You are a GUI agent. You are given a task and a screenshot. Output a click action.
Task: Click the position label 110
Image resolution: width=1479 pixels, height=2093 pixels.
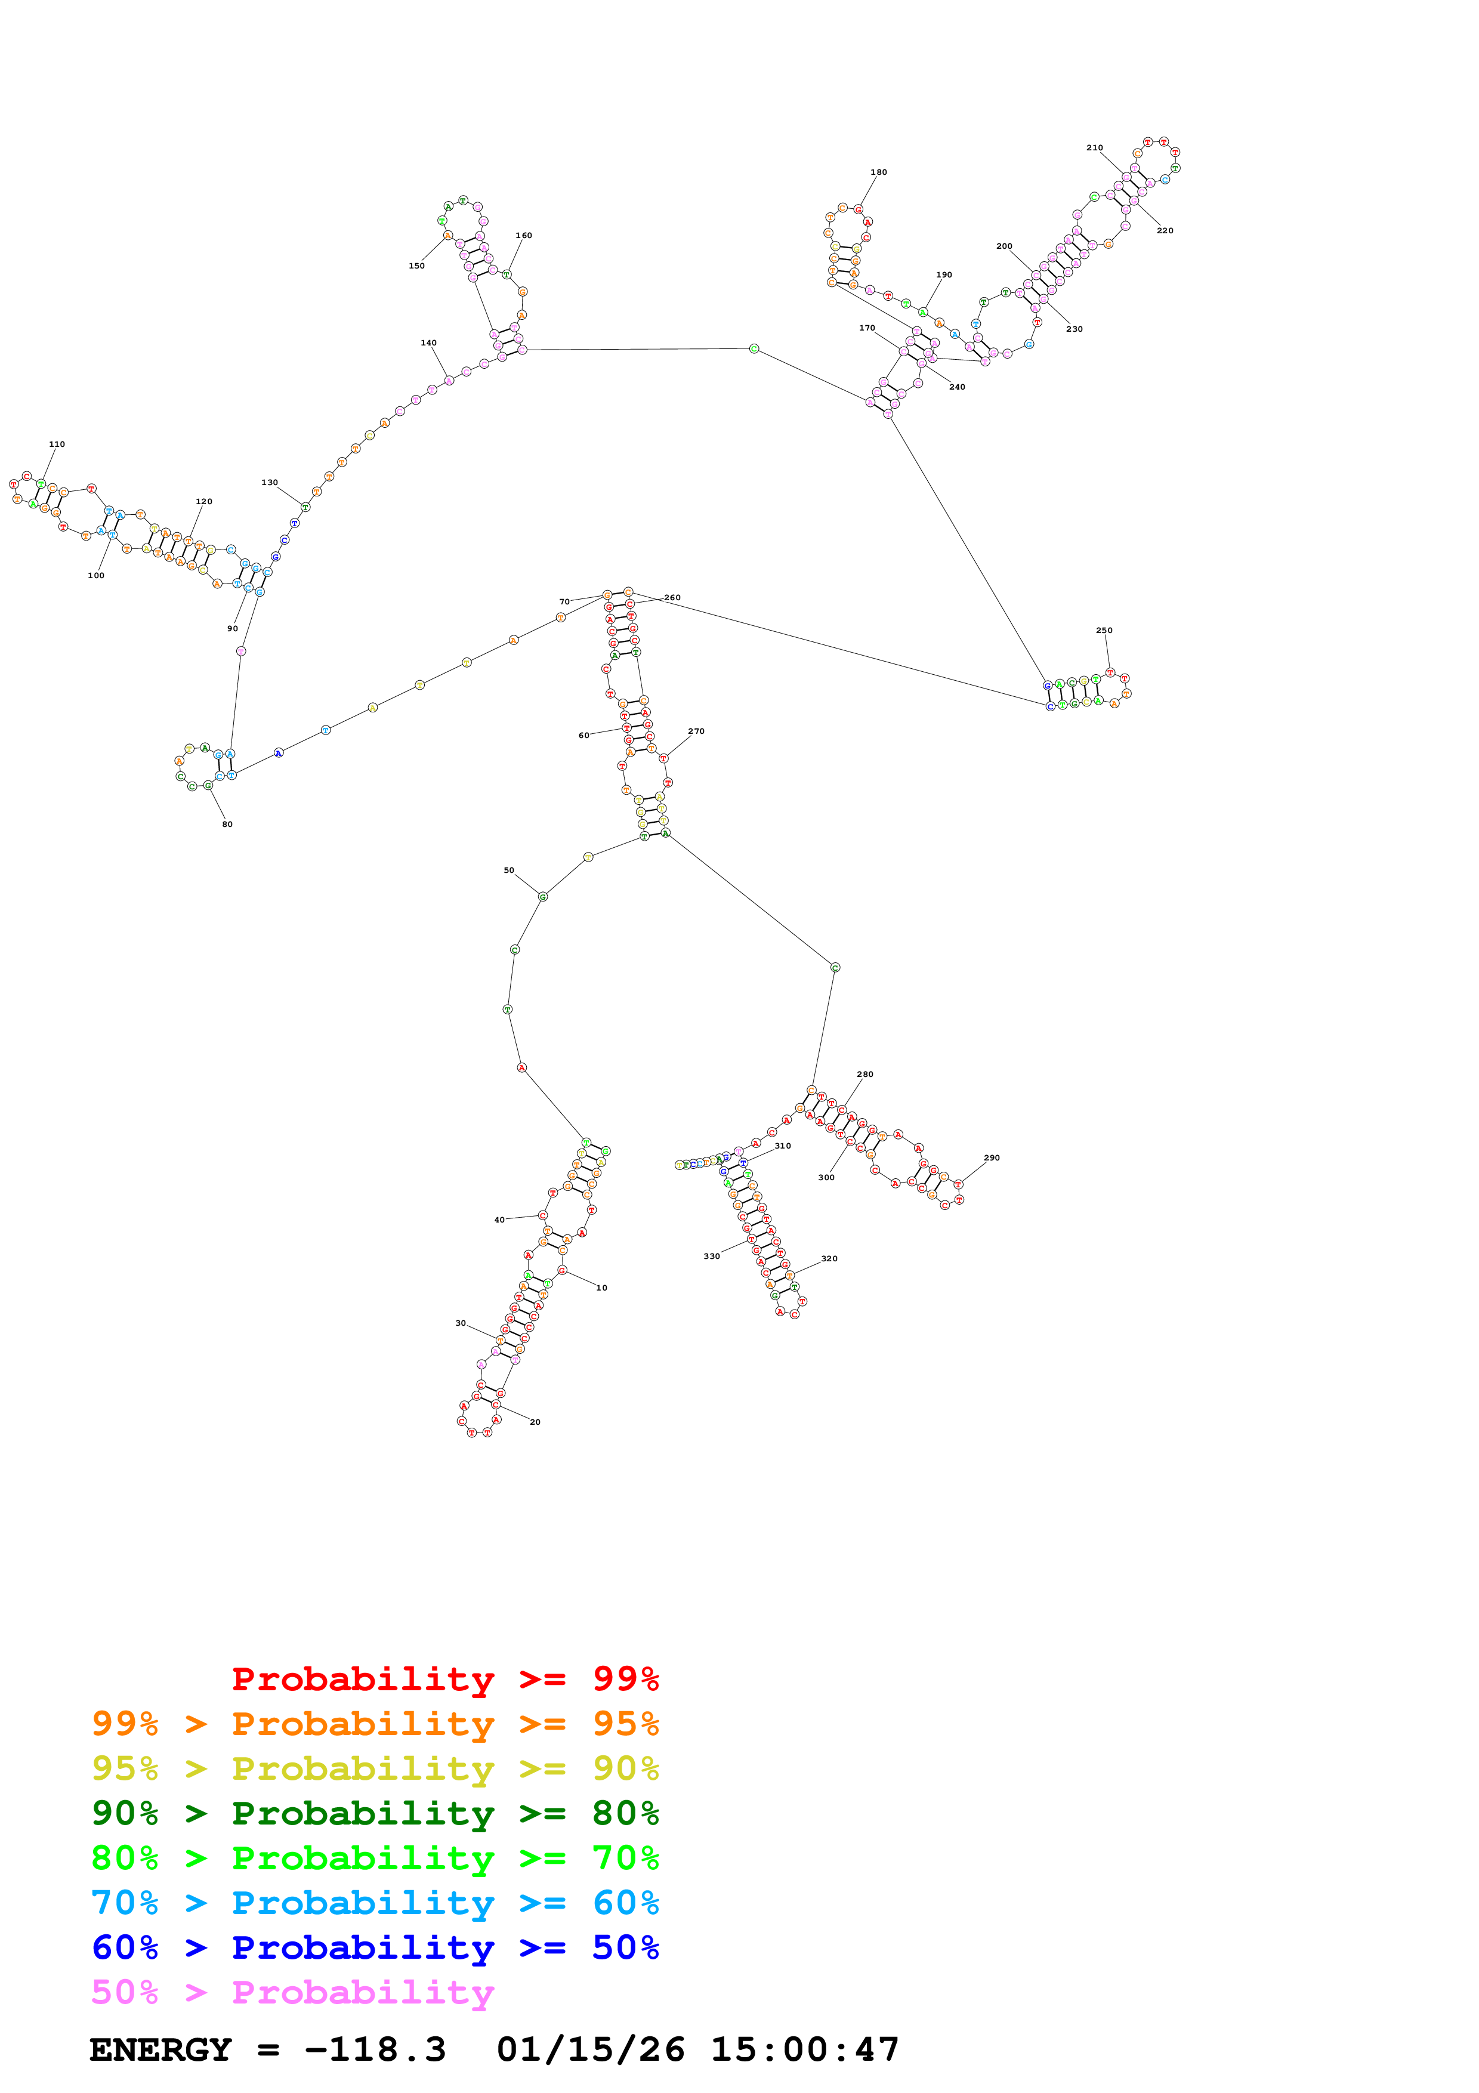tap(57, 444)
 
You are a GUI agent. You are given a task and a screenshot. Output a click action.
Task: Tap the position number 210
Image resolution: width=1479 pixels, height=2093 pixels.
tap(1094, 148)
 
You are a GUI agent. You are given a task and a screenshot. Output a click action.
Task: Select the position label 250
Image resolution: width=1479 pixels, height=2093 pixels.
tap(1104, 630)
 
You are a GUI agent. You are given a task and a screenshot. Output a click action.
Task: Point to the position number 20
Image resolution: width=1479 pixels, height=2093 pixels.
tap(535, 1422)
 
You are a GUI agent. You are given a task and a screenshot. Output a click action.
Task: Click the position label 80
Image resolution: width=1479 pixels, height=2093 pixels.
tap(227, 824)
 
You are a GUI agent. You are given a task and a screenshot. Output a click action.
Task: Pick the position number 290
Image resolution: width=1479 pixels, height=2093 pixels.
tap(992, 1157)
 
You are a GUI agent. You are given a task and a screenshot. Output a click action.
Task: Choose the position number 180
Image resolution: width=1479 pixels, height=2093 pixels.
tap(878, 172)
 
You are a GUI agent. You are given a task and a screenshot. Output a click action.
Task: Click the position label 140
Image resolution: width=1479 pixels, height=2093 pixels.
tap(428, 342)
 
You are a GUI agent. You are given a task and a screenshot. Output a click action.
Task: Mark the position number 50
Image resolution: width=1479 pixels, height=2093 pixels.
tap(508, 870)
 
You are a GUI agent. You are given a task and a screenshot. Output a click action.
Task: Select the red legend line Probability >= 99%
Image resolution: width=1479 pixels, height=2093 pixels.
tap(444, 1679)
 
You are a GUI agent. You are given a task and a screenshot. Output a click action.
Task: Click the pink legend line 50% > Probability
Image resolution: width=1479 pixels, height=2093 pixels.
tap(292, 1993)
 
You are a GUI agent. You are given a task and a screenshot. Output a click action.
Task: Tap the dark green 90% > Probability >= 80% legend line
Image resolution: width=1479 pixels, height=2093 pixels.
tap(375, 1813)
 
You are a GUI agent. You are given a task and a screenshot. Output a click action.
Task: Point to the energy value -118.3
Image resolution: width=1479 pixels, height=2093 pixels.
tap(375, 2050)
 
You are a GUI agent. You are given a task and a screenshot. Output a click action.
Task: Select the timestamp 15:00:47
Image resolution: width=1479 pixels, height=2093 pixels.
tap(805, 2050)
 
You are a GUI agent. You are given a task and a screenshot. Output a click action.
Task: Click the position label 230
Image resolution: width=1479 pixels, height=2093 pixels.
tap(1074, 329)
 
